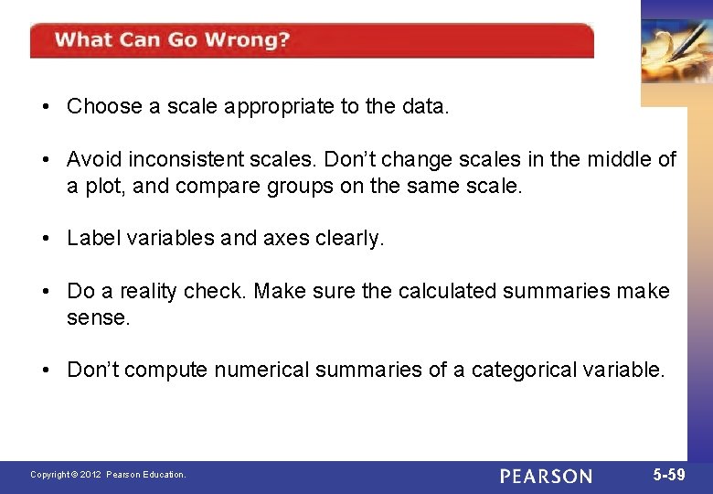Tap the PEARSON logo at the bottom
pyautogui.click(x=546, y=476)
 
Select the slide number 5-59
pyautogui.click(x=669, y=475)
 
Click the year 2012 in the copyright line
pyautogui.click(x=90, y=475)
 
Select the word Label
pyautogui.click(x=91, y=238)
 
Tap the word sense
pyautogui.click(x=98, y=317)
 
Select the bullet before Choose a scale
pyautogui.click(x=45, y=106)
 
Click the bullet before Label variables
pyautogui.click(x=45, y=238)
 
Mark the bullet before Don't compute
pyautogui.click(x=45, y=370)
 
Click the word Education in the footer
pyautogui.click(x=164, y=475)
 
